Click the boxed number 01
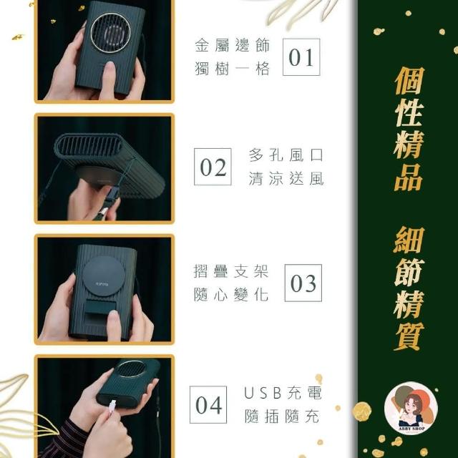pyautogui.click(x=301, y=57)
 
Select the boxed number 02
pyautogui.click(x=213, y=167)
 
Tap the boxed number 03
pyautogui.click(x=303, y=283)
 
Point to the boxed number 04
pyautogui.click(x=208, y=404)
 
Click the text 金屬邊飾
pyautogui.click(x=232, y=45)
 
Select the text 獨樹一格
pyautogui.click(x=232, y=69)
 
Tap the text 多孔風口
pyautogui.click(x=286, y=155)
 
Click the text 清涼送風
pyautogui.click(x=286, y=178)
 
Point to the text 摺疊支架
pyautogui.click(x=230, y=271)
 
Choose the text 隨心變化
pyautogui.click(x=230, y=294)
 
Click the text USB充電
pyautogui.click(x=283, y=393)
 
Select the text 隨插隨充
pyautogui.click(x=282, y=416)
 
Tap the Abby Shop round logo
pyautogui.click(x=411, y=408)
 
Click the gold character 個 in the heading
pyautogui.click(x=409, y=81)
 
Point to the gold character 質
pyautogui.click(x=409, y=336)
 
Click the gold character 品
pyautogui.click(x=409, y=177)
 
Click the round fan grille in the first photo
pyautogui.click(x=111, y=33)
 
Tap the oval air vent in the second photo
pyautogui.click(x=88, y=145)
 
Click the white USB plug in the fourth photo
pyautogui.click(x=112, y=409)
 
